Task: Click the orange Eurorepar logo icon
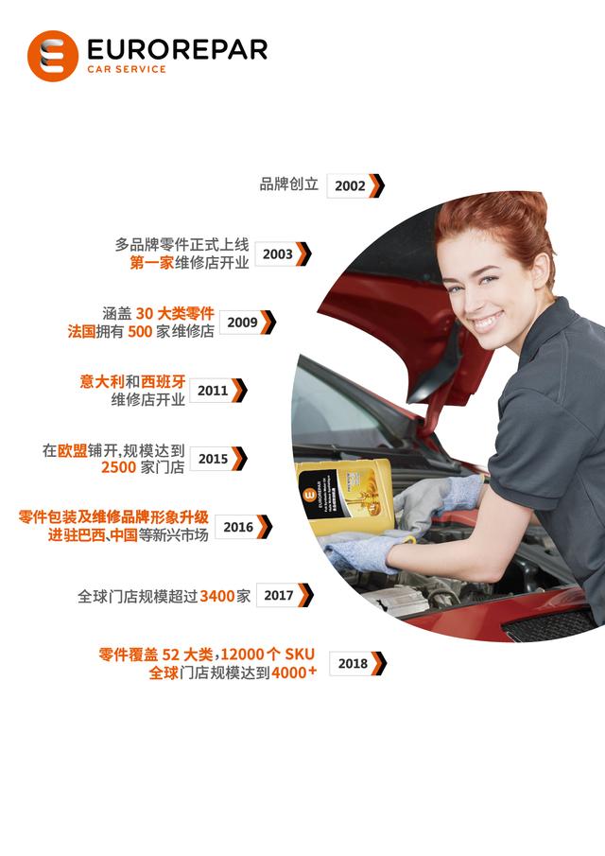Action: (x=53, y=55)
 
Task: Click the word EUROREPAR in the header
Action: (x=176, y=49)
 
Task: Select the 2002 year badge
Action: (x=350, y=186)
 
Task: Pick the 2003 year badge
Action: (x=278, y=254)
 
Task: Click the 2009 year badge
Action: (x=243, y=323)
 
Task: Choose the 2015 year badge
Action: (x=214, y=459)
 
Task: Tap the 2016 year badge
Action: (x=239, y=527)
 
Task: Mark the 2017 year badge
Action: (x=279, y=596)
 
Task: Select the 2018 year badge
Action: (x=353, y=664)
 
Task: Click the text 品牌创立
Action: (x=289, y=184)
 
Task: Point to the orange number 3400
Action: (x=217, y=596)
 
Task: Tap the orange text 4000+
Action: (x=294, y=673)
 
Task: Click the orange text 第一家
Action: (x=151, y=263)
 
